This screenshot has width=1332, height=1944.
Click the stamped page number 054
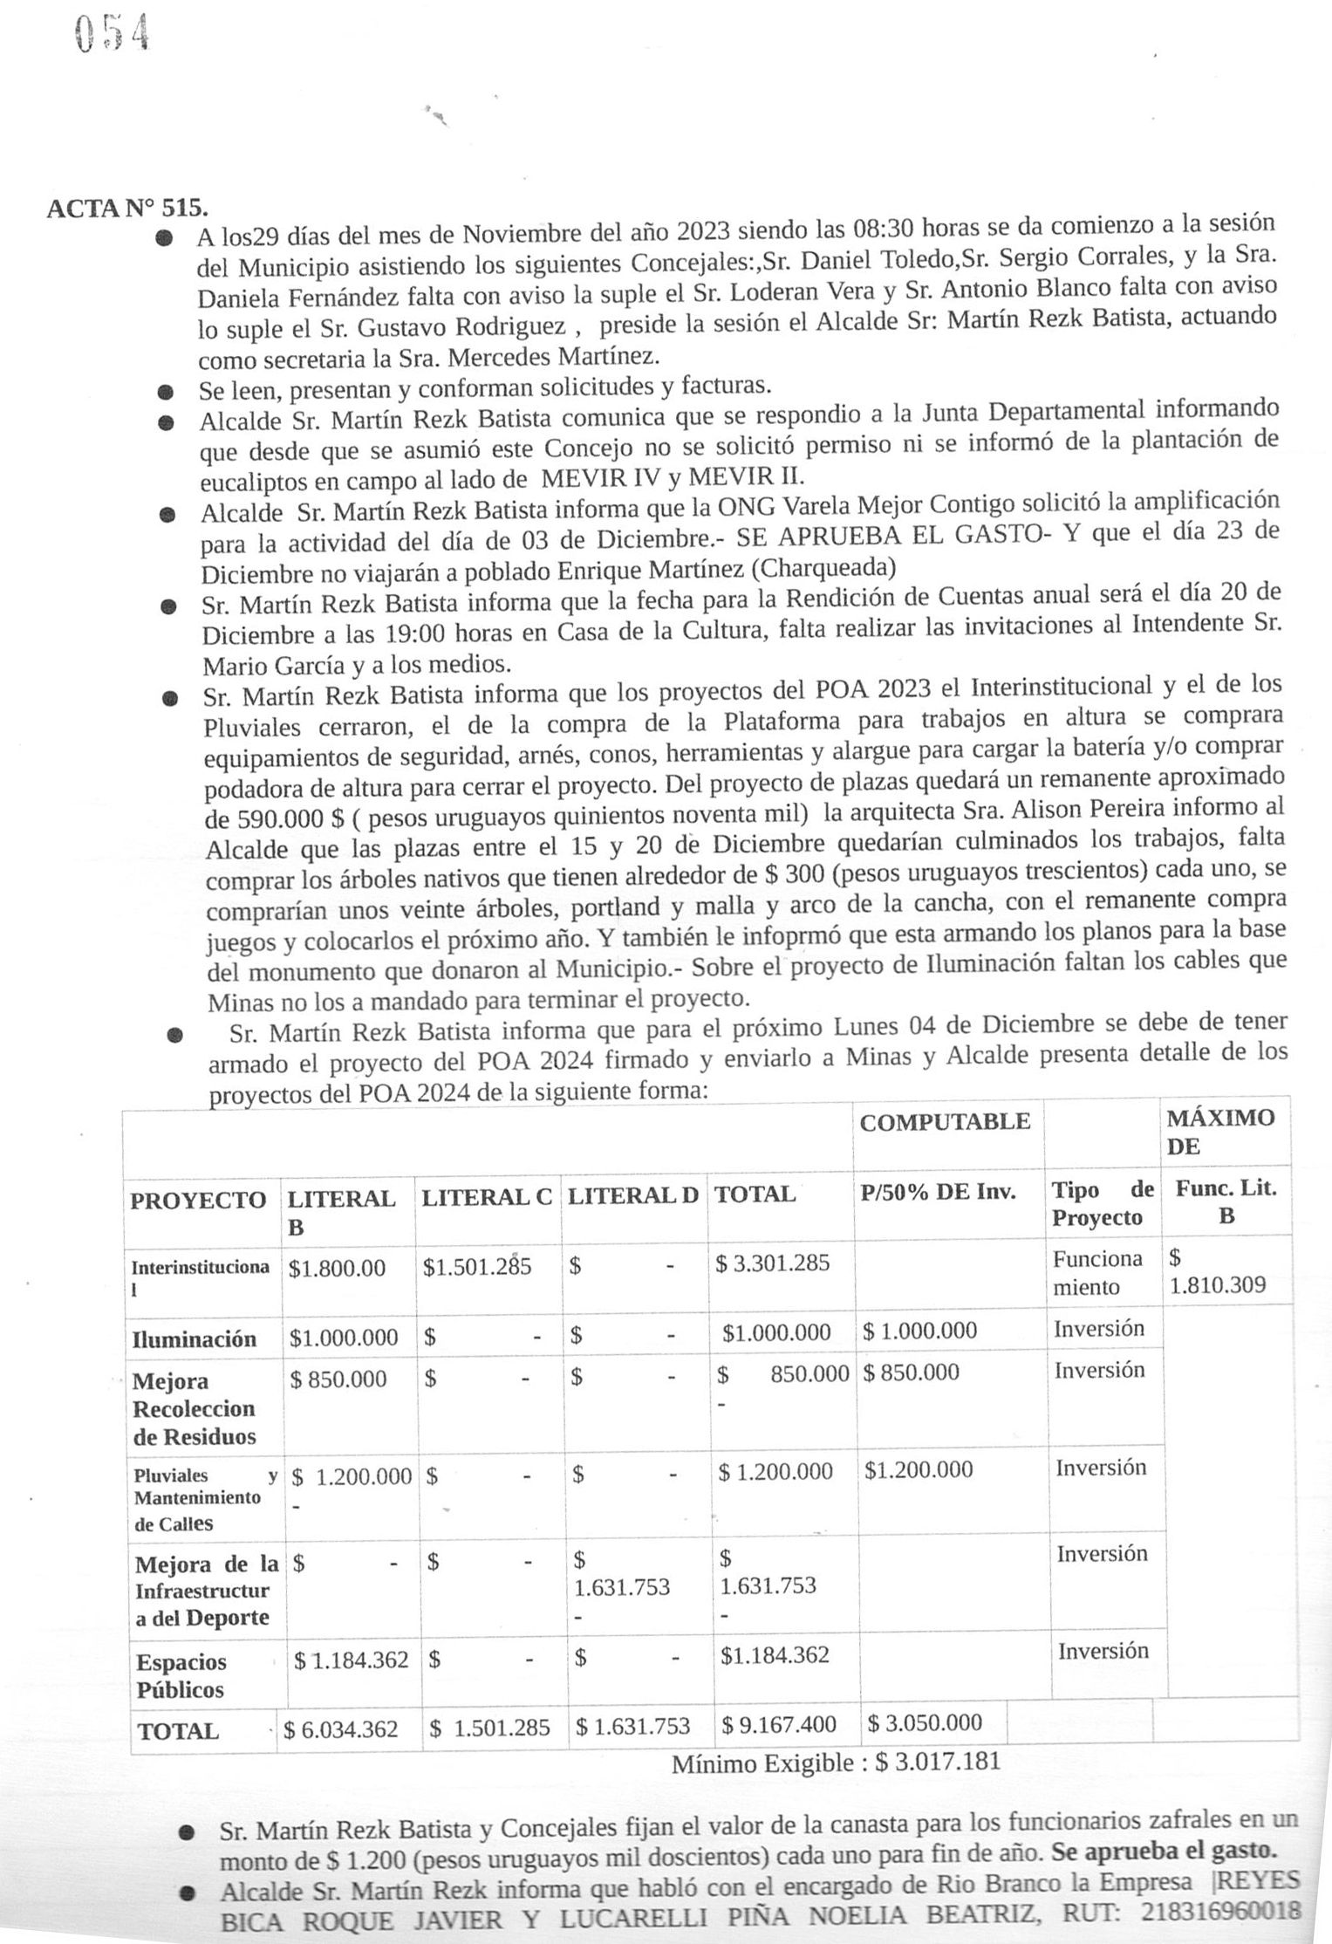tap(112, 34)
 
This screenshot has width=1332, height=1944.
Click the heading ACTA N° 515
tap(127, 209)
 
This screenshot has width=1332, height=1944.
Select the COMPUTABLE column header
tap(945, 1122)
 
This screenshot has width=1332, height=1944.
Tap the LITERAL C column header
tap(487, 1198)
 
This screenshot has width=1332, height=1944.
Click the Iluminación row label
tap(194, 1339)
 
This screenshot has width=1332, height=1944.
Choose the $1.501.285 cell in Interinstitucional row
tap(477, 1267)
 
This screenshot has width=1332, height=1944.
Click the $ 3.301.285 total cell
tap(772, 1263)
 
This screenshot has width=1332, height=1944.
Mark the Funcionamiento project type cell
tap(1098, 1273)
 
